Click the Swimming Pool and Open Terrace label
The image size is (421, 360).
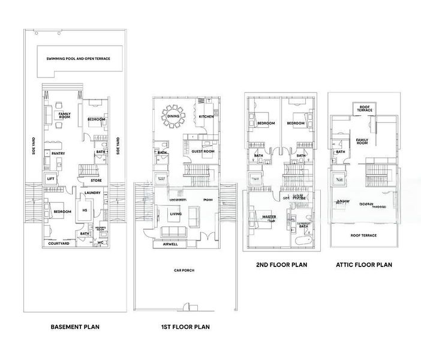click(x=78, y=59)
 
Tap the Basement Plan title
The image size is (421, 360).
click(x=75, y=327)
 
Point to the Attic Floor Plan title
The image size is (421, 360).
click(x=364, y=264)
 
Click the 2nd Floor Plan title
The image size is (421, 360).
click(x=277, y=264)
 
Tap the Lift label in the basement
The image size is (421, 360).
click(x=50, y=178)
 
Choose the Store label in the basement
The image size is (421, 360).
click(x=96, y=180)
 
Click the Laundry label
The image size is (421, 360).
click(x=92, y=193)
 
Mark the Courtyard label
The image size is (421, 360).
click(x=59, y=244)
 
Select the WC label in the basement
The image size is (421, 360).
click(x=100, y=243)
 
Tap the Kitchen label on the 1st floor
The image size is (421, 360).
click(x=206, y=116)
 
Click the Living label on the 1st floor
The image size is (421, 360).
click(x=176, y=213)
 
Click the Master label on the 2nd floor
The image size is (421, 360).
click(x=269, y=217)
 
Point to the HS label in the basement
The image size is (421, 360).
click(x=85, y=210)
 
